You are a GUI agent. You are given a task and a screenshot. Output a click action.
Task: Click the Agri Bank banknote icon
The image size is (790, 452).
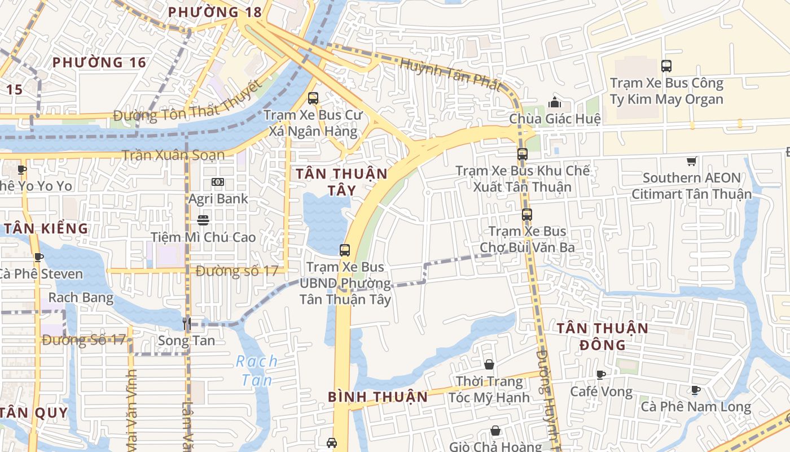click(218, 182)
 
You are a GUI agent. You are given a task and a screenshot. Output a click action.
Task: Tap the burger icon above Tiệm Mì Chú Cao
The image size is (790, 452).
click(203, 220)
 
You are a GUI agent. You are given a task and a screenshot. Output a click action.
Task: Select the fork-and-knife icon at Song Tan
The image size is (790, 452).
click(187, 323)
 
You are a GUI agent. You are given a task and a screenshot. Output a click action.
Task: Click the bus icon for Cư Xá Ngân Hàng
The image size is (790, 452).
click(313, 98)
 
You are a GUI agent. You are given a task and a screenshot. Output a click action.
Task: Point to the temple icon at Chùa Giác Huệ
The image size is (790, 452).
click(555, 102)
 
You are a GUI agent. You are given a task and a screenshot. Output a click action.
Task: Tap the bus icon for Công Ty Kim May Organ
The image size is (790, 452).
click(666, 66)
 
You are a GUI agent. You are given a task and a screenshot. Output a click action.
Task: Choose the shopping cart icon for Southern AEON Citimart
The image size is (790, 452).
click(692, 161)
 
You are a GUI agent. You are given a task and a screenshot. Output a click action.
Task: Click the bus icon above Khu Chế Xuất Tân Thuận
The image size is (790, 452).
click(523, 154)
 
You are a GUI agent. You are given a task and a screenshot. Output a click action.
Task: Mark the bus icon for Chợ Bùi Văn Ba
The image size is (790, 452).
click(527, 215)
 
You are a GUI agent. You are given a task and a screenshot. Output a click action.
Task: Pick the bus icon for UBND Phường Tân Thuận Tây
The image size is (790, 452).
click(345, 250)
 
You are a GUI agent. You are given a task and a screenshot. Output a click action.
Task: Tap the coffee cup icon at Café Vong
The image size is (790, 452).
click(601, 375)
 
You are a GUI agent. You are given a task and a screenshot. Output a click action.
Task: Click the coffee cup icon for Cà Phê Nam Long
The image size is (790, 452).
click(696, 390)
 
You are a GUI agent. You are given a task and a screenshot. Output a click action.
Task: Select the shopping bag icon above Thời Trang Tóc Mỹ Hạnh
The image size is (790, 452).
click(489, 365)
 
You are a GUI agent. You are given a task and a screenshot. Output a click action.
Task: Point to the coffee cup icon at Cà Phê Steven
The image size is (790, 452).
click(38, 258)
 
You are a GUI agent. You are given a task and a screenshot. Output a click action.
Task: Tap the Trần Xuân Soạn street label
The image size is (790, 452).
click(173, 155)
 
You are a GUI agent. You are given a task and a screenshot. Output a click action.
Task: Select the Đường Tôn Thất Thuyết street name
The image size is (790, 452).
click(188, 103)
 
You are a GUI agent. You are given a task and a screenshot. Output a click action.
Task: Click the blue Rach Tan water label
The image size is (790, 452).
click(257, 370)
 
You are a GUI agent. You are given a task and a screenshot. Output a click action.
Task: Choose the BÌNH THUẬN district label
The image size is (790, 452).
click(378, 397)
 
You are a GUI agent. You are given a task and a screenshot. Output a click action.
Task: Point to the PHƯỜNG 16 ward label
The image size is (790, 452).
click(99, 62)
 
